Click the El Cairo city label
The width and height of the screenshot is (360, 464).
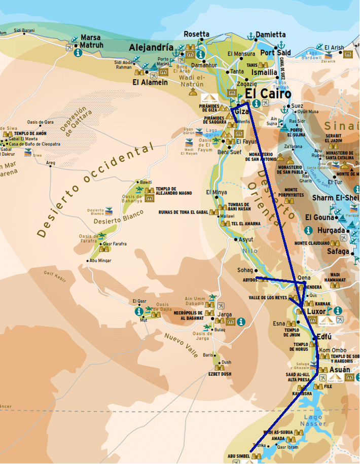pos(268,94)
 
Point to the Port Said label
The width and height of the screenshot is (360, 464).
pos(275,52)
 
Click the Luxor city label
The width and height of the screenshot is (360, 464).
pos(316,311)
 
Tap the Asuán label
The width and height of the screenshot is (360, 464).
pos(339,370)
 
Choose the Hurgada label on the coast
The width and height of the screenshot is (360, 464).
pos(331,230)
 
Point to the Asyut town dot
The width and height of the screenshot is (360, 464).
pos(236,239)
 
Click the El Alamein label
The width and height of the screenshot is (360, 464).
pos(150,82)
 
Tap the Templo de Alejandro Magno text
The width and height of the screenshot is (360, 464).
pos(173,191)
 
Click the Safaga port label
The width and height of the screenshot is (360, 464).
pos(338,251)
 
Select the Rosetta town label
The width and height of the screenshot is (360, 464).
pos(196,34)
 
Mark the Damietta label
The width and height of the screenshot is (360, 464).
pos(270,34)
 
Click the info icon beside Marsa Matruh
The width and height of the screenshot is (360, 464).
pos(78,52)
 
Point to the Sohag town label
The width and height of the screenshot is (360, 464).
pos(245,270)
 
